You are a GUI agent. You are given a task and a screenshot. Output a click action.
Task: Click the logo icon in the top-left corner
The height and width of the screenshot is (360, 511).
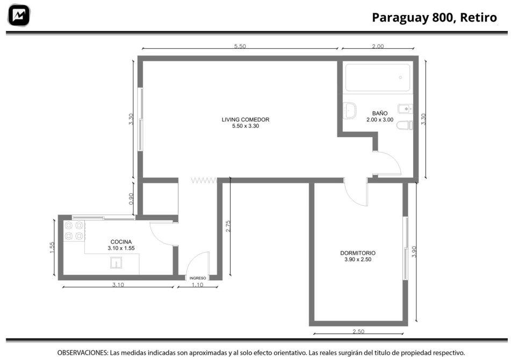tap(19, 15)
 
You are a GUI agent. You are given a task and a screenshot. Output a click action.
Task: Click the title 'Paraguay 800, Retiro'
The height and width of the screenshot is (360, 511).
tap(434, 18)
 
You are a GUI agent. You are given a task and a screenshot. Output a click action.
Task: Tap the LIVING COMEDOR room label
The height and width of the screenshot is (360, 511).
tap(246, 123)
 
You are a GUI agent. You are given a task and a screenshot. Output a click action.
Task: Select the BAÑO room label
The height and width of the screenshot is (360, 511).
tap(380, 116)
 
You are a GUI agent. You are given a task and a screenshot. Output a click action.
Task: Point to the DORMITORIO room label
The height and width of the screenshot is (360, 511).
tap(358, 256)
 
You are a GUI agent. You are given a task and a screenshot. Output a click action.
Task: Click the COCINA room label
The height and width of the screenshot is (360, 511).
tap(121, 245)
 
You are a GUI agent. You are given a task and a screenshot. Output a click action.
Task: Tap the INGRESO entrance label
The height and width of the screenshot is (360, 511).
tap(198, 278)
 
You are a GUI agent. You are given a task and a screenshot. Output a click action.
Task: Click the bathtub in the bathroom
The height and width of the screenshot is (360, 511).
tap(378, 77)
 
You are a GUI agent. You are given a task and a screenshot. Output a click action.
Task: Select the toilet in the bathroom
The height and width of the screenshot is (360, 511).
tap(405, 125)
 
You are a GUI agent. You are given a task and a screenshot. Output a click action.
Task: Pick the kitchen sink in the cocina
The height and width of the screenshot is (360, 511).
tap(116, 263)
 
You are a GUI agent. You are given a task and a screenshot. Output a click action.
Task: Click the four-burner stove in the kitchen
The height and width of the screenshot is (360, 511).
tap(74, 231)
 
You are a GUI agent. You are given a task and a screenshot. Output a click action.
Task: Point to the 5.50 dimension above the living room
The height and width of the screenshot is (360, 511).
tap(240, 46)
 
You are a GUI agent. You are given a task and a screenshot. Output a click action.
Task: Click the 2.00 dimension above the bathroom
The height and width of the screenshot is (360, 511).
tap(378, 46)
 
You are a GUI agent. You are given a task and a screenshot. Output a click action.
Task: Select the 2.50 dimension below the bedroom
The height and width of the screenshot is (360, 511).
tap(358, 332)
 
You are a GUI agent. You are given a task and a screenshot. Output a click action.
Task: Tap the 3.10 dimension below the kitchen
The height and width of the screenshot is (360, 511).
tap(118, 284)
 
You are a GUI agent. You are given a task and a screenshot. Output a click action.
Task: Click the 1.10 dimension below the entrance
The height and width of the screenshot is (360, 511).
tap(198, 284)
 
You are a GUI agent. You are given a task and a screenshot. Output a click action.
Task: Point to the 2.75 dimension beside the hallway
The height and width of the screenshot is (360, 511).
tap(228, 226)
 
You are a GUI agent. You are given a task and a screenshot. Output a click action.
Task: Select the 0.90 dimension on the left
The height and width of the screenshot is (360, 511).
tap(131, 199)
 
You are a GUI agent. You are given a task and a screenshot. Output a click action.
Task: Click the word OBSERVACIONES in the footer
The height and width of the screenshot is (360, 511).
tap(83, 352)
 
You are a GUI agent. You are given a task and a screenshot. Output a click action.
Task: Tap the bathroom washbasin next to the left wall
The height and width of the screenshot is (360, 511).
tap(350, 110)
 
